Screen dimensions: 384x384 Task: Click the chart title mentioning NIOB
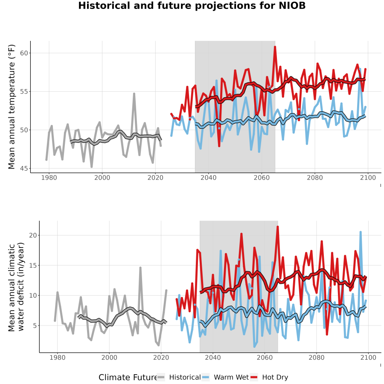click(x=192, y=6)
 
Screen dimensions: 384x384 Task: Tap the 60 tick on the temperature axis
click(x=24, y=53)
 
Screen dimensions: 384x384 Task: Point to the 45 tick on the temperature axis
click(x=24, y=169)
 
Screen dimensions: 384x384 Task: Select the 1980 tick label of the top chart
click(x=49, y=177)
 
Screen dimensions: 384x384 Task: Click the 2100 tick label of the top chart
click(x=368, y=177)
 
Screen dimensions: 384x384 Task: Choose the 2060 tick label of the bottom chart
click(x=265, y=358)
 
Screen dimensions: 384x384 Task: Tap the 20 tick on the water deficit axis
click(x=33, y=236)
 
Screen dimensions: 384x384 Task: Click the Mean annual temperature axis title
click(x=12, y=107)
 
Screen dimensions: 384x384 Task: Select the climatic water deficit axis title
click(x=16, y=287)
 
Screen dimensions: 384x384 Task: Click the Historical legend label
click(x=185, y=377)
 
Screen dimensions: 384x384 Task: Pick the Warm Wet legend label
click(x=231, y=377)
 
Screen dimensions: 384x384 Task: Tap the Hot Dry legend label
click(x=275, y=377)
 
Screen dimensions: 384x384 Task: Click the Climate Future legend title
click(x=128, y=377)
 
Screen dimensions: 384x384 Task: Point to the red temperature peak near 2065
click(x=275, y=47)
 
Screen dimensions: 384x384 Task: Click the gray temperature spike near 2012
click(x=134, y=93)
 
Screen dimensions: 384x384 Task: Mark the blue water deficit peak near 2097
click(x=361, y=232)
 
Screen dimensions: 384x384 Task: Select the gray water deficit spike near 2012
click(x=140, y=268)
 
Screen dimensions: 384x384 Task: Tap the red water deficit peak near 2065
click(x=278, y=227)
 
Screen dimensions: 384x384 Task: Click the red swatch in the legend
click(x=254, y=377)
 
